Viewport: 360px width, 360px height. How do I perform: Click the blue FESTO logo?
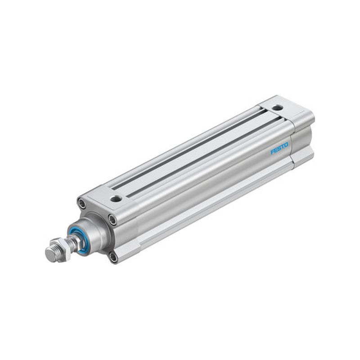[279, 148]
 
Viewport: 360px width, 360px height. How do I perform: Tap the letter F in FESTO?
[272, 152]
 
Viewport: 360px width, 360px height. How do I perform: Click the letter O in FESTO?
[286, 145]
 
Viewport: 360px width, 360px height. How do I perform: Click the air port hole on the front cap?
[115, 198]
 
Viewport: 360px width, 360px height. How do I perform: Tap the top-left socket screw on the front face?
[81, 203]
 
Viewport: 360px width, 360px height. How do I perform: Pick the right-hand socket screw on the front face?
[112, 220]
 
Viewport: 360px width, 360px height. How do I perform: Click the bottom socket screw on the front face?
[113, 257]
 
